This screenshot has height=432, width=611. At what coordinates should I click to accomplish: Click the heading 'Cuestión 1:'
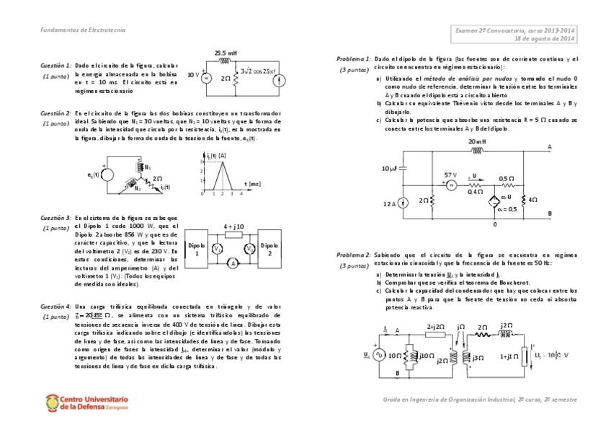[x=55, y=65]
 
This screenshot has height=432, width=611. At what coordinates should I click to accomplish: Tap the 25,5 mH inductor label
[x=226, y=53]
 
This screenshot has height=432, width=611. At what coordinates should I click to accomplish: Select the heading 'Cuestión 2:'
[x=55, y=113]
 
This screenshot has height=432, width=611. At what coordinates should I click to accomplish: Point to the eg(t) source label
[x=93, y=175]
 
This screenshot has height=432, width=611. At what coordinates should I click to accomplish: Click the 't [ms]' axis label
[x=252, y=184]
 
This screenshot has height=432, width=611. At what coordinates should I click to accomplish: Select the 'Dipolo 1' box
[x=196, y=249]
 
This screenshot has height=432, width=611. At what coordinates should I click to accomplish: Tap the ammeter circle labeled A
[x=233, y=264]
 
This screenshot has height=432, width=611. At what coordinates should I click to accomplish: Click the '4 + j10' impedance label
[x=233, y=226]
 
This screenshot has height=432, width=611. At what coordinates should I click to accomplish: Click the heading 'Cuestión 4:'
[x=55, y=307]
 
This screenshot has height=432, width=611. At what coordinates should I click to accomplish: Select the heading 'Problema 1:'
[x=353, y=58]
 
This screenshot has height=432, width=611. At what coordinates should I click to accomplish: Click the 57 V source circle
[x=451, y=185]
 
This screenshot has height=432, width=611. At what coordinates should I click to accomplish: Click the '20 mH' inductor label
[x=477, y=142]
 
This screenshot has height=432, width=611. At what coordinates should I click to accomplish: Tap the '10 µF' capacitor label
[x=389, y=168]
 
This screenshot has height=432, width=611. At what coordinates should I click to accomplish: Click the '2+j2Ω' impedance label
[x=434, y=327]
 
